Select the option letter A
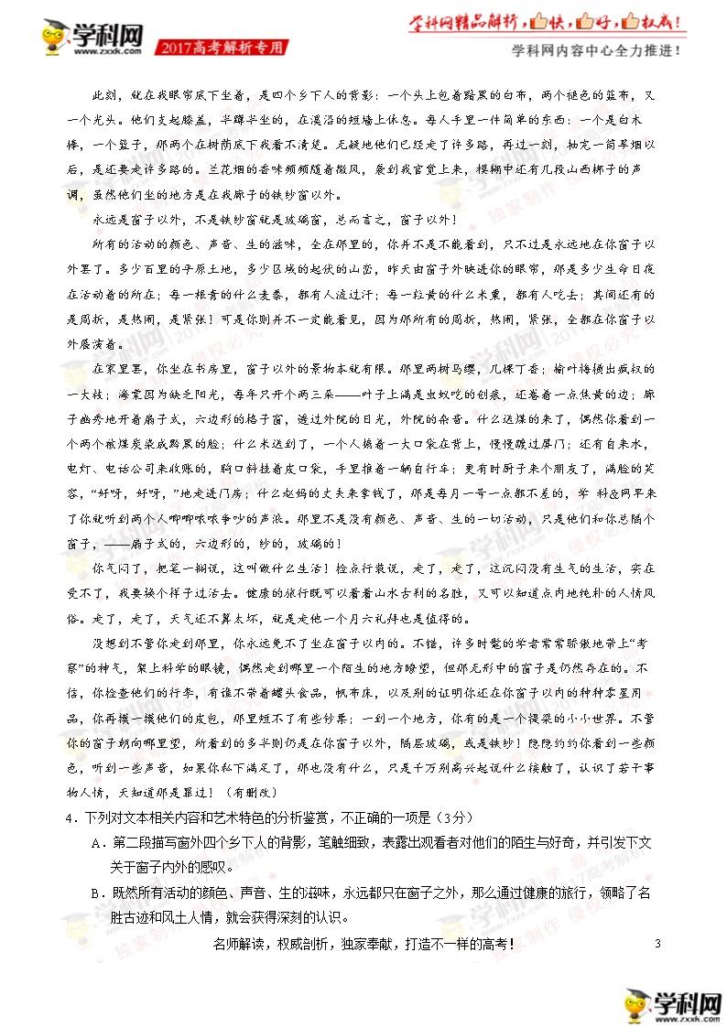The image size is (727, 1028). click(x=95, y=841)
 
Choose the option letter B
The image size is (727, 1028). click(x=95, y=892)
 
